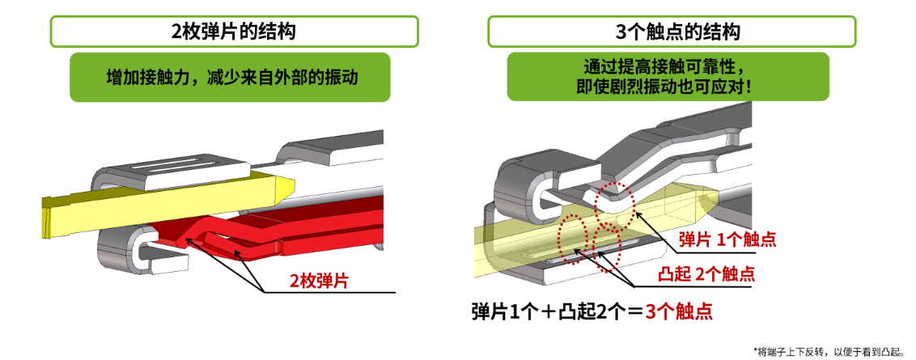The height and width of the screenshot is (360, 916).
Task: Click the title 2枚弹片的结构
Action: pyautogui.click(x=233, y=32)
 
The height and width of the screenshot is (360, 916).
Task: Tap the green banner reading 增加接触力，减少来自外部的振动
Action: pyautogui.click(x=230, y=77)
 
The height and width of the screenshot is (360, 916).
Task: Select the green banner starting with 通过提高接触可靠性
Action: pyautogui.click(x=668, y=77)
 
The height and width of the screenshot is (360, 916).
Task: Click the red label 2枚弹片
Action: pyautogui.click(x=319, y=281)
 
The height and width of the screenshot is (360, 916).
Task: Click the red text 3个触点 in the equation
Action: pyautogui.click(x=679, y=311)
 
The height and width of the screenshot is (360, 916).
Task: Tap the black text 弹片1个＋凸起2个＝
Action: pyautogui.click(x=558, y=311)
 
